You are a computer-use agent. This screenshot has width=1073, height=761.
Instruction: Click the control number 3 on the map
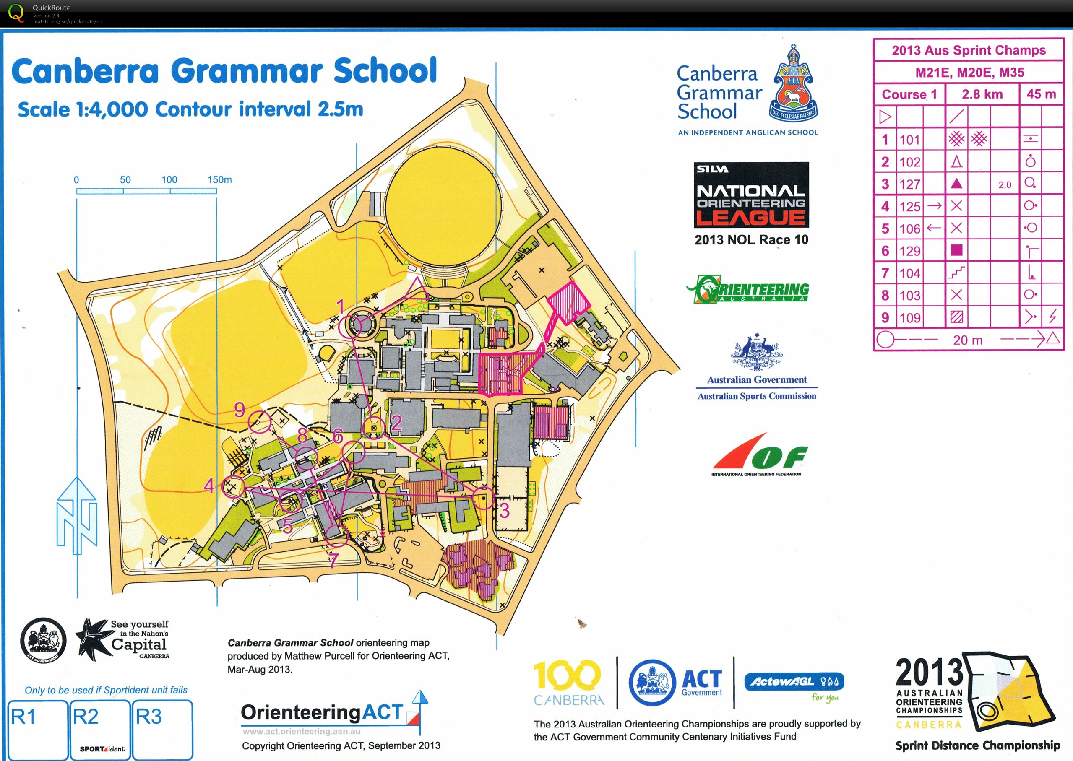(x=504, y=510)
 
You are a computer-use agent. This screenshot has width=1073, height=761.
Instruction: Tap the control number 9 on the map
(x=240, y=410)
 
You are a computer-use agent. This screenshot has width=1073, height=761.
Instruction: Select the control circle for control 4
(x=233, y=486)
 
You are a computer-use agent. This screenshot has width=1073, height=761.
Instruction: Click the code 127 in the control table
(x=909, y=184)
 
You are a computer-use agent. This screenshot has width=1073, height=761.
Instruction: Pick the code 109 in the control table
(x=909, y=318)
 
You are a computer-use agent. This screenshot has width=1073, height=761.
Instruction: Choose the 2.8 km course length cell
(x=982, y=94)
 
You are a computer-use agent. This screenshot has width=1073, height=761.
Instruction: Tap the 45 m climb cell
(x=1041, y=94)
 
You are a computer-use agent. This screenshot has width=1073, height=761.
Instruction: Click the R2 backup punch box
(x=99, y=729)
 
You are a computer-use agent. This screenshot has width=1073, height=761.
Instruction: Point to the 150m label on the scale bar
(x=219, y=179)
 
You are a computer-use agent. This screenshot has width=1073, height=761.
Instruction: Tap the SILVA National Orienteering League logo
(x=751, y=195)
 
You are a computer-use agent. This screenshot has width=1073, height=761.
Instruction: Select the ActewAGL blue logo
(x=794, y=681)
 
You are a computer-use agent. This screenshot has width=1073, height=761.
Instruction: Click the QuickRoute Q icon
(x=16, y=13)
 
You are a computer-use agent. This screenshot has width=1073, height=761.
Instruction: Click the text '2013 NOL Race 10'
(x=751, y=240)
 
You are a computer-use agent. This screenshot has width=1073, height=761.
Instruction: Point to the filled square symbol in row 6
(x=956, y=251)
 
